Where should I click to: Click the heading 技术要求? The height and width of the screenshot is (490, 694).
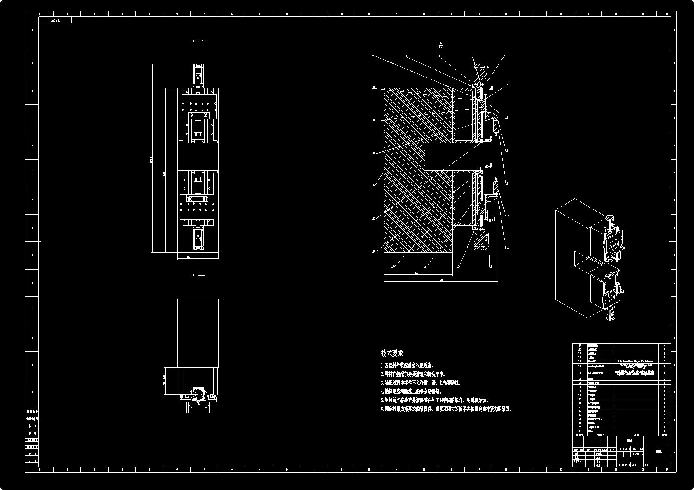coord(392,353)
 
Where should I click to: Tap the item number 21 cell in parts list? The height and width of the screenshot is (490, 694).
coord(580,346)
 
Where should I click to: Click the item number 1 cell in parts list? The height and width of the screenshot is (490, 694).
coord(580,431)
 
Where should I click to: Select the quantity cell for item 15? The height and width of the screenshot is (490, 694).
coord(664,373)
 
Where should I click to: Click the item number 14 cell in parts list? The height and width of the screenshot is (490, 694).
coord(580,379)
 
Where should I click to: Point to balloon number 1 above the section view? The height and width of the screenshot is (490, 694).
coord(374,55)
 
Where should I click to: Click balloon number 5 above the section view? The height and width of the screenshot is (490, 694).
coord(504,56)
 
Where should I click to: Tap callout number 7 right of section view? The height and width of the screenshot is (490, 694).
coord(507,118)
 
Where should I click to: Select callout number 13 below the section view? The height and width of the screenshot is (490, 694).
coord(458,267)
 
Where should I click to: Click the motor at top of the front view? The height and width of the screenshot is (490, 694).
coord(198,74)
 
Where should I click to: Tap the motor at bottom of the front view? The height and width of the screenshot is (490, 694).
coord(198,239)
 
